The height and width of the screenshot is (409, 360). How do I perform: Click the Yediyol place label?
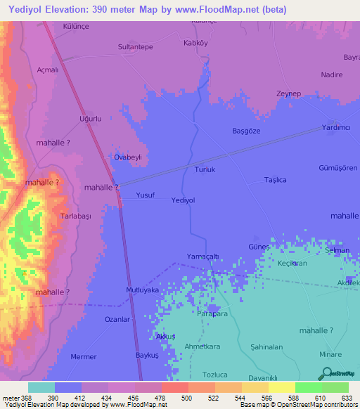click(x=183, y=200)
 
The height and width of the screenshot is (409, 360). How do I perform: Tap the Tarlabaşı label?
click(x=76, y=216)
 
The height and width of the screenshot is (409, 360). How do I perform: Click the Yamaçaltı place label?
click(x=204, y=255)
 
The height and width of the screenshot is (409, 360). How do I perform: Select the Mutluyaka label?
click(x=142, y=290)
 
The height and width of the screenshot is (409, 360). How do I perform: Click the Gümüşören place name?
click(x=339, y=169)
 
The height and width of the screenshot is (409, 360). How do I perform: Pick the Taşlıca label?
click(x=275, y=180)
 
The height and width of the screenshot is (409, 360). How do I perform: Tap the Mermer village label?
click(x=84, y=357)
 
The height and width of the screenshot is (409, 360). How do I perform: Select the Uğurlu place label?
click(x=91, y=119)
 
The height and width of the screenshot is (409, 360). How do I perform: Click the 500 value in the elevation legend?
click(x=186, y=398)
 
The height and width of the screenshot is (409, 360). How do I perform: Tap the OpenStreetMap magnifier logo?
click(x=326, y=373)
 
